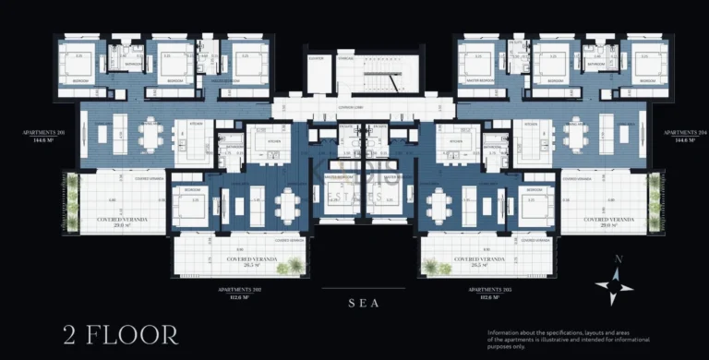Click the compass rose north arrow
614,283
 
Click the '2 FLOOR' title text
119,333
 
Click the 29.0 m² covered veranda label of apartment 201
122,222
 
